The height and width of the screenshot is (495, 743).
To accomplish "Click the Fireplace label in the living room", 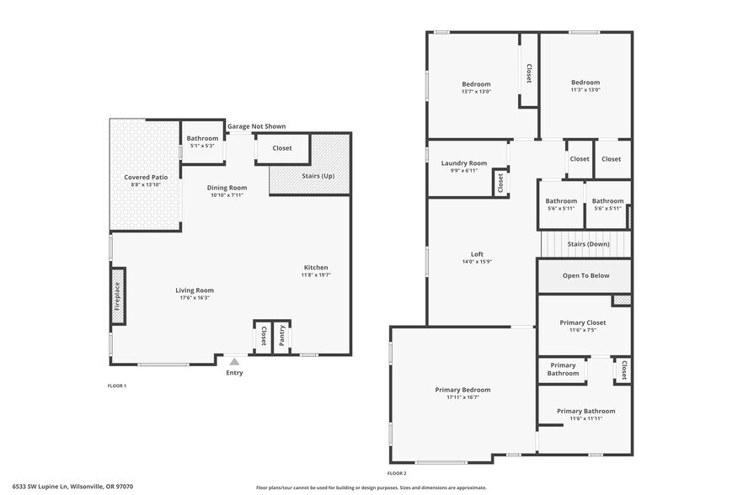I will click(117, 295).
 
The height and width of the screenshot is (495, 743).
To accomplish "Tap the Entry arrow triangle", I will click(234, 361).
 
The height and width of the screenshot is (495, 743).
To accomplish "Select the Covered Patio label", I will click(146, 178).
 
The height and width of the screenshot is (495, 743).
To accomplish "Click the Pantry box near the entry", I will click(282, 337).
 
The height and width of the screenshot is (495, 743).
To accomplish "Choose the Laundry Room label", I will click(464, 163).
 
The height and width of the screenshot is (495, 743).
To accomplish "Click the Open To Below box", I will click(585, 275).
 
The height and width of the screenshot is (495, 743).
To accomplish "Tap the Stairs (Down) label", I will click(588, 244).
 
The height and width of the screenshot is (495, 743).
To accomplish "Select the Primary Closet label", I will click(584, 322).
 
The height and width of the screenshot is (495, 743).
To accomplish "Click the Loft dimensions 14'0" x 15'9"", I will click(477, 262).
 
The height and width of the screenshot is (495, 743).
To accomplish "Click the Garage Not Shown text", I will click(256, 126).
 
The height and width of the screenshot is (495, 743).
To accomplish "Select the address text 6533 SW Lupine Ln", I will click(67, 486).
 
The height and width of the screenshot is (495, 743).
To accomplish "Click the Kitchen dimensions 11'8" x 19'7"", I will click(316, 274).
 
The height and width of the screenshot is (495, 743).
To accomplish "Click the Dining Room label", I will click(227, 188).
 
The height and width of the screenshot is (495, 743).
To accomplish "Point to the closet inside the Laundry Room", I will click(500, 182).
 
